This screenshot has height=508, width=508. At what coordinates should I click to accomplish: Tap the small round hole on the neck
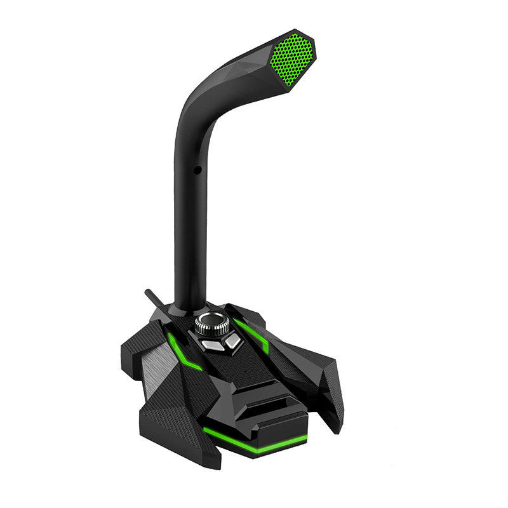[x=196, y=170]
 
